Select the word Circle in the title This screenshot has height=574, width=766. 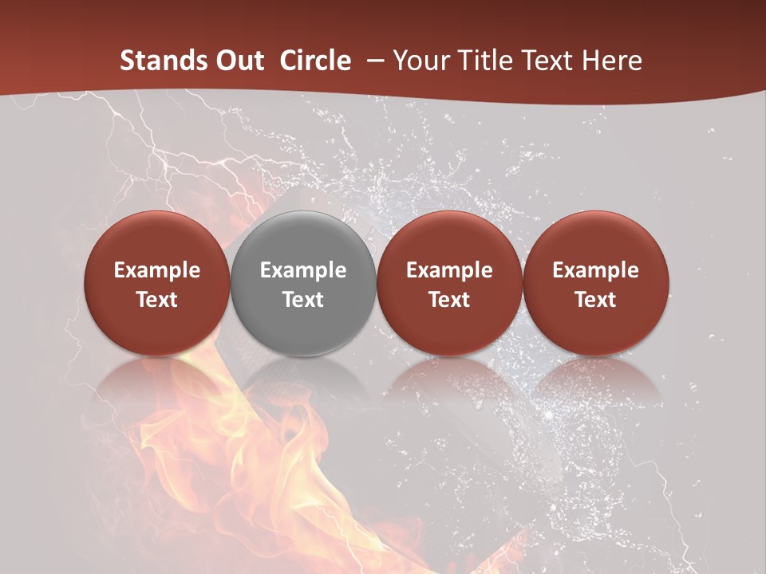(315, 61)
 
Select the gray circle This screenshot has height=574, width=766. (303, 239)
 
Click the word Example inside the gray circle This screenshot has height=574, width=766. (303, 270)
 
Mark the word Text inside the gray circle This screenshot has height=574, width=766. (303, 300)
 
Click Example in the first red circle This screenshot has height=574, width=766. (157, 270)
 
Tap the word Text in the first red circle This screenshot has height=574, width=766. (157, 300)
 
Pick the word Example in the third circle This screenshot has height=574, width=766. (449, 270)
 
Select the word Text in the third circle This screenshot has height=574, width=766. (449, 300)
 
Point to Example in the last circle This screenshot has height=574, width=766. (595, 270)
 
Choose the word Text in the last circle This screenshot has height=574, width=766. (595, 300)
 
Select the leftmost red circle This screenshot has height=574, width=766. (157, 239)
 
